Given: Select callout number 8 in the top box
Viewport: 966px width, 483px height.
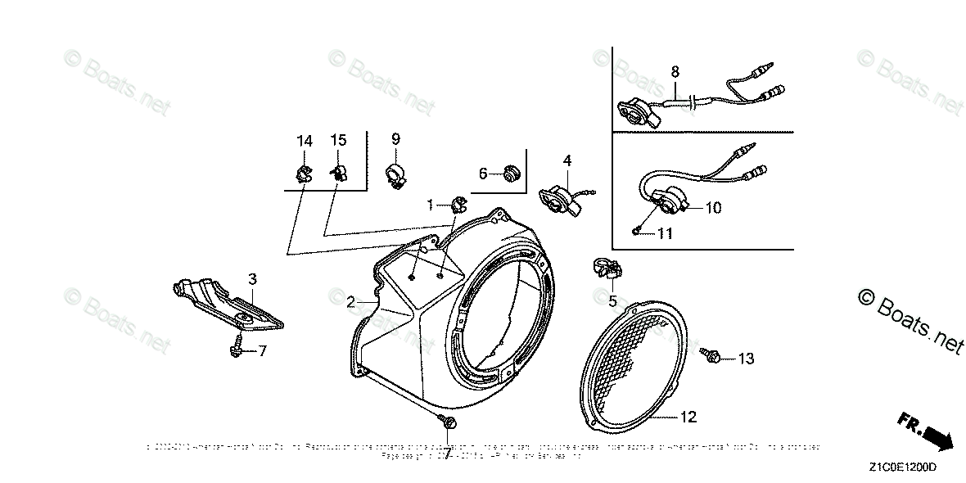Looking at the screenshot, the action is tap(675, 71).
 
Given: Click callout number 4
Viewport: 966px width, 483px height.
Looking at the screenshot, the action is tap(567, 160).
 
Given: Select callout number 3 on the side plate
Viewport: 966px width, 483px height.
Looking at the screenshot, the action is tap(253, 278).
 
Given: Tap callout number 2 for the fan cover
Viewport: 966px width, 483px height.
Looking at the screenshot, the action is tap(350, 302).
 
